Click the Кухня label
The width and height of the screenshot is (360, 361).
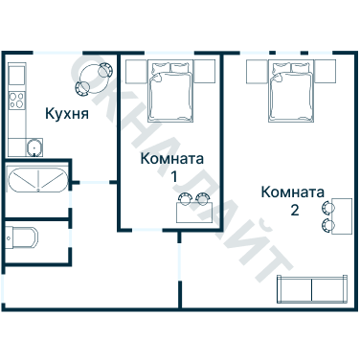(67, 114)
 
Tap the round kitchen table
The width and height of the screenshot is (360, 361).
(96, 77)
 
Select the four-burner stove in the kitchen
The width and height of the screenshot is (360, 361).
(15, 99)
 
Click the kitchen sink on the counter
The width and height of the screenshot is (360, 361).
(34, 147)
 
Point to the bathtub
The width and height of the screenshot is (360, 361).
(35, 182)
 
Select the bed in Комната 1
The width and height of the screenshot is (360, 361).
(170, 89)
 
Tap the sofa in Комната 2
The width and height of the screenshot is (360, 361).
(311, 290)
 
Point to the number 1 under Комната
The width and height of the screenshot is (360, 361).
(173, 176)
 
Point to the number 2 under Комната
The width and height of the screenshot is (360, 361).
(294, 209)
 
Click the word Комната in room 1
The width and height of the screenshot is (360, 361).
(172, 159)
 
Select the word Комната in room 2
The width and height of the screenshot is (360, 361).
(293, 192)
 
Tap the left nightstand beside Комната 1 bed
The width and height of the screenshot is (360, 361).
(133, 70)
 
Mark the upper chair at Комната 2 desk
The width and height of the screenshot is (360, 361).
(329, 206)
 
